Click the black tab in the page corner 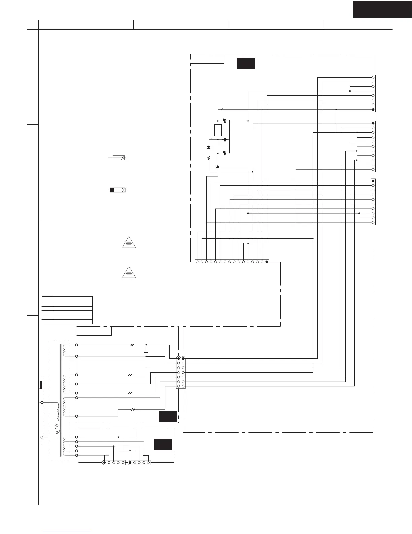click(x=382, y=9)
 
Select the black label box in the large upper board click(x=245, y=63)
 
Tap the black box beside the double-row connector click(x=168, y=417)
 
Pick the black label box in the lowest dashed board click(x=163, y=445)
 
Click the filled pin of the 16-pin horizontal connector click(x=267, y=261)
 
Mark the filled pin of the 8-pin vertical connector click(x=373, y=110)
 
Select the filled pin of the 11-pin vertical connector click(x=373, y=123)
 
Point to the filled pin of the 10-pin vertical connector click(x=373, y=181)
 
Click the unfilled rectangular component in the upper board click(x=218, y=130)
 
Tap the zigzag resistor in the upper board click(x=209, y=157)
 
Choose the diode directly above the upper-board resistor click(x=209, y=148)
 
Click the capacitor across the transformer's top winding click(x=146, y=352)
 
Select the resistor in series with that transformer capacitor click(x=132, y=345)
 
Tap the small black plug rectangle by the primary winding click(x=41, y=384)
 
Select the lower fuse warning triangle click(x=129, y=272)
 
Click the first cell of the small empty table click(x=47, y=299)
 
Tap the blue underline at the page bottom click(x=67, y=531)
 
